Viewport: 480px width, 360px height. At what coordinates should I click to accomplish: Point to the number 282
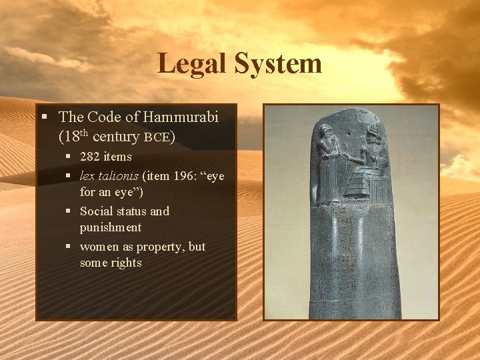point(91,157)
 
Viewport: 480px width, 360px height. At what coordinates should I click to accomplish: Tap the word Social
point(96,211)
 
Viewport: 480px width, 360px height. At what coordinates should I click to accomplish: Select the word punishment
point(111,227)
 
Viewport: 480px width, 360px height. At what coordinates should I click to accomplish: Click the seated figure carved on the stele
point(369,163)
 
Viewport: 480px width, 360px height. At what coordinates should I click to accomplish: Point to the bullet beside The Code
point(44,117)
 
